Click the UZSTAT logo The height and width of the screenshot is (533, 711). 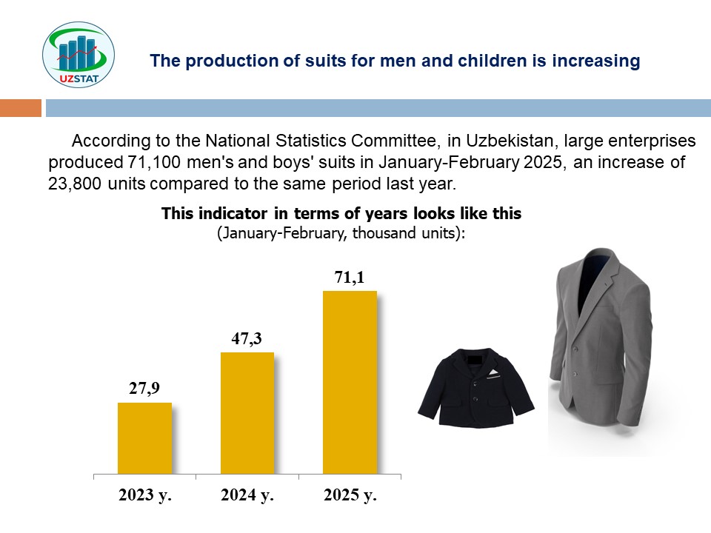[79, 55]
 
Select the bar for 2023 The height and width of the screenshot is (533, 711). [144, 438]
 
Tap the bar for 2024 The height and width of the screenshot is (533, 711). [247, 413]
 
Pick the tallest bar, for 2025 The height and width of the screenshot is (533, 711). [350, 383]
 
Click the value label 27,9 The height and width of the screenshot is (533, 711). [144, 389]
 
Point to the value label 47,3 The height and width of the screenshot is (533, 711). [247, 338]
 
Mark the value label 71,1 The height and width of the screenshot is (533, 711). [350, 277]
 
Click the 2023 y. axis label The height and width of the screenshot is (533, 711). [145, 495]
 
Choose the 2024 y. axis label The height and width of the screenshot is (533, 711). [247, 495]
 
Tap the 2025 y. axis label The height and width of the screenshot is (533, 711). [350, 495]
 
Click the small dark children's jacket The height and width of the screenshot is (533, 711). [476, 388]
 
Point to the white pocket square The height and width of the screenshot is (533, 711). [493, 374]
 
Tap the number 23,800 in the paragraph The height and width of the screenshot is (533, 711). [75, 184]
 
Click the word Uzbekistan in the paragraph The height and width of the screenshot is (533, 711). [510, 141]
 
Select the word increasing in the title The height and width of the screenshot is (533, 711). [595, 61]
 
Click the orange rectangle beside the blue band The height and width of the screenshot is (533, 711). [21, 108]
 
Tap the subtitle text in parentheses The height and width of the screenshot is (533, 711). [341, 233]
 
